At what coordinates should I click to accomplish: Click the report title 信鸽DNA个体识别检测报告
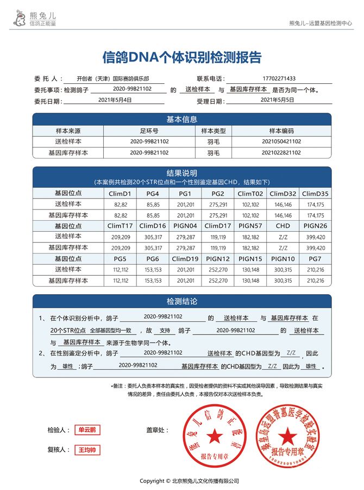182,57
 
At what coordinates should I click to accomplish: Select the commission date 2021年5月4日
115,100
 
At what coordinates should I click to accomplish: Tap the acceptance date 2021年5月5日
277,100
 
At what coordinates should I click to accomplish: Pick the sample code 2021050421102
281,141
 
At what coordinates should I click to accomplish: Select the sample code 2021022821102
281,153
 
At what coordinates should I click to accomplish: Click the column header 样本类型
213,131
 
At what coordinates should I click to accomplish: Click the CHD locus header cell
283,226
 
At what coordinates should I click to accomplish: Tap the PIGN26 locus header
315,226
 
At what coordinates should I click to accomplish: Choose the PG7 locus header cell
315,259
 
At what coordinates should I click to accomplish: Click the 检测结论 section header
181,301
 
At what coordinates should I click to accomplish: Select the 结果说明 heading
181,173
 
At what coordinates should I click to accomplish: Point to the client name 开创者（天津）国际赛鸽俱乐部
113,78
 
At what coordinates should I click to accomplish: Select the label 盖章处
158,430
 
